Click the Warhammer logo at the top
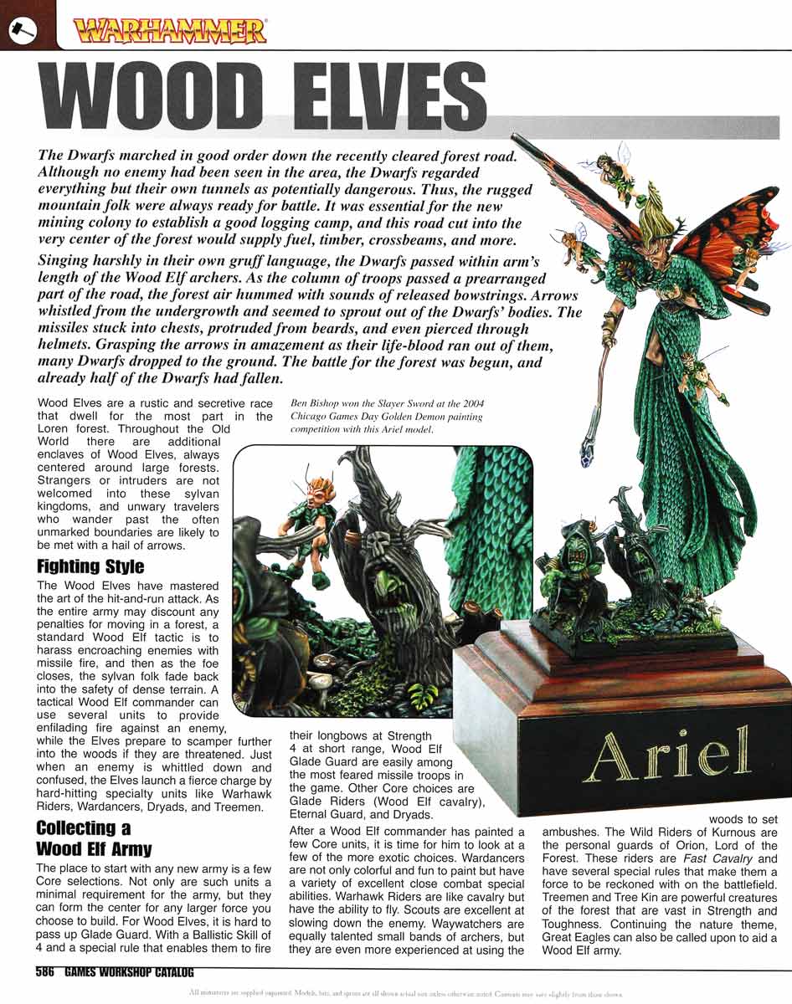click(x=171, y=32)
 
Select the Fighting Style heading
click(x=90, y=566)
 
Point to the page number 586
click(x=46, y=973)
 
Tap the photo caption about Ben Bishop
click(x=386, y=417)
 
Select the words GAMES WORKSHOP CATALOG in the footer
click(x=129, y=973)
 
